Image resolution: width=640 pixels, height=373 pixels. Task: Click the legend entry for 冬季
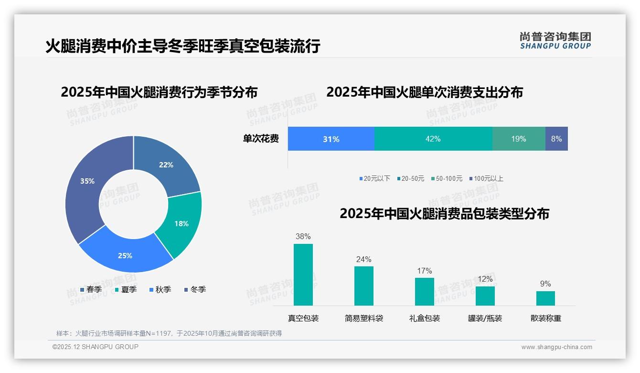(x=194, y=290)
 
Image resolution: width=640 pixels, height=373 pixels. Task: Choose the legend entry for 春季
(x=91, y=290)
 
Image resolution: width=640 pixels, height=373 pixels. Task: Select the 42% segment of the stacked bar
(x=433, y=139)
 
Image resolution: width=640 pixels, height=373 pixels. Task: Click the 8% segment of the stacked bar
(x=556, y=139)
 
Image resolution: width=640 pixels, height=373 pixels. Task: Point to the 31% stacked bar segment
(x=331, y=139)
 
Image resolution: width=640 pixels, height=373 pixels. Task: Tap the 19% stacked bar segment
(x=519, y=139)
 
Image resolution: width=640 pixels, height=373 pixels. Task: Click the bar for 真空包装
(x=303, y=275)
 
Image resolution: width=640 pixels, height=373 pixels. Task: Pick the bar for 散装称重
(x=545, y=298)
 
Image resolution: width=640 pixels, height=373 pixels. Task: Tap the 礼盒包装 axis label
(x=425, y=318)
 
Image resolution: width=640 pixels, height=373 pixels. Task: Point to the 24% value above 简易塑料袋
(x=363, y=260)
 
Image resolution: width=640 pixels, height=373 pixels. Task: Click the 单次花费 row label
(x=261, y=139)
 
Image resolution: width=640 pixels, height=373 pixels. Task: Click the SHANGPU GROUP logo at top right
(x=555, y=41)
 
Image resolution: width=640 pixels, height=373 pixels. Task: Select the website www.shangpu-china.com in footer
(x=556, y=347)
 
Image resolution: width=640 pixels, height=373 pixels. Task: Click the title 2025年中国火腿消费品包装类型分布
(x=444, y=214)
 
